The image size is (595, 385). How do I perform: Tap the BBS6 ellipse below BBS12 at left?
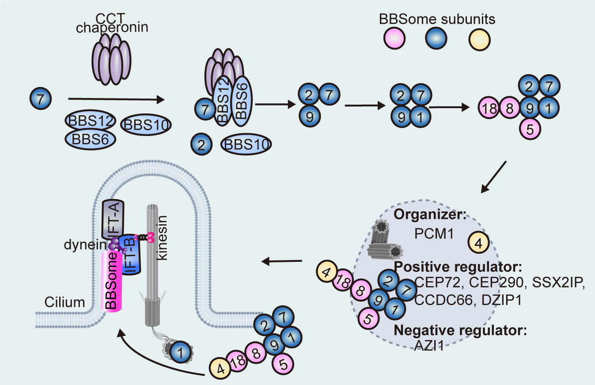tap(90, 139)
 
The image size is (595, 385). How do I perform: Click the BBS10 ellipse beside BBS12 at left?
tap(145, 125)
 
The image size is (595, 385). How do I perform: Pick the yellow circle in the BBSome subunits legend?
tap(480, 38)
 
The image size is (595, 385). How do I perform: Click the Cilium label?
tap(64, 302)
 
